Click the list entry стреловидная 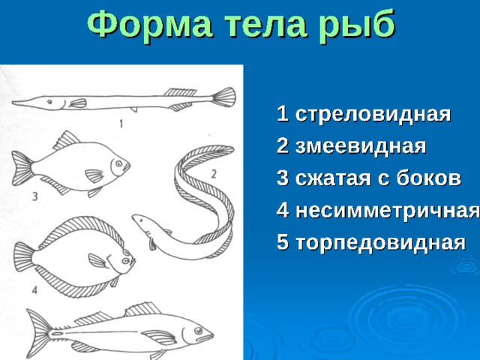click(x=373, y=115)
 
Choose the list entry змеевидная click(x=361, y=147)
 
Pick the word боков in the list click(x=428, y=178)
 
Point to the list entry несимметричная click(x=388, y=211)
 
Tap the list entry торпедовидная click(x=380, y=243)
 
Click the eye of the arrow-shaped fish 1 click(x=49, y=101)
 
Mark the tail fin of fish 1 click(x=224, y=97)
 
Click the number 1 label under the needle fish click(x=121, y=124)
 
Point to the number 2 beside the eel click(x=214, y=174)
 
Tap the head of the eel click(x=142, y=223)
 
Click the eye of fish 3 click(x=118, y=163)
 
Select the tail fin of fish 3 click(x=22, y=168)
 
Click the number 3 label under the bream click(x=35, y=196)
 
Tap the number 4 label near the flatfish click(x=34, y=289)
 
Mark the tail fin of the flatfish click(x=24, y=256)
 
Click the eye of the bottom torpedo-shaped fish click(x=198, y=331)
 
